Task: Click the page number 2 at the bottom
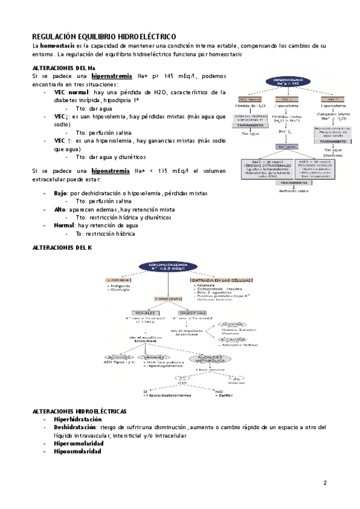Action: pos(325,483)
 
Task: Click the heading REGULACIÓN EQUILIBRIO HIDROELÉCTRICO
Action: pos(104,37)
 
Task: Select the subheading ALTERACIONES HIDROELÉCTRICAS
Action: pos(79,411)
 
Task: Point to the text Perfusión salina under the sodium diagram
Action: pos(292,191)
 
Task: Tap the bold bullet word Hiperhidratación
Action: pos(77,419)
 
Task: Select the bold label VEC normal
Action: pos(71,92)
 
